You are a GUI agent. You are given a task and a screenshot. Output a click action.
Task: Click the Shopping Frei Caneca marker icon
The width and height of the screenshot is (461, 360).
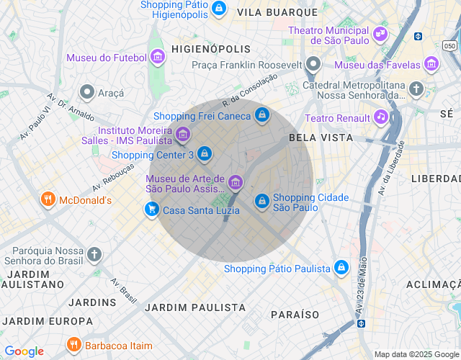tap(262, 115)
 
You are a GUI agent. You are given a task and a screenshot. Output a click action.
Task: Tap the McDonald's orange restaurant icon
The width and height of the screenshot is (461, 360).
tap(48, 199)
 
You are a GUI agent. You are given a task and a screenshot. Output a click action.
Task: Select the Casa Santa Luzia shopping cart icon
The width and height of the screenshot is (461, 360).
tap(151, 210)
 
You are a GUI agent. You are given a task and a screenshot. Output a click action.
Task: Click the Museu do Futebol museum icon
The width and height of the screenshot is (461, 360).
tap(158, 58)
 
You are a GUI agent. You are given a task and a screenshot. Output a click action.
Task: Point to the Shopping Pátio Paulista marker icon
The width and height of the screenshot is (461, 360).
tap(341, 269)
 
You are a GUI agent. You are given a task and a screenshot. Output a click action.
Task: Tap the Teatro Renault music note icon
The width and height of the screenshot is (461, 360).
tap(380, 117)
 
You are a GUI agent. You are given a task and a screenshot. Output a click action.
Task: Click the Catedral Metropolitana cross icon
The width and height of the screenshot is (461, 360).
tap(416, 89)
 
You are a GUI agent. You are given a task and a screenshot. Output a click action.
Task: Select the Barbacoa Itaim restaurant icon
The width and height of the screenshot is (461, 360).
tap(73, 345)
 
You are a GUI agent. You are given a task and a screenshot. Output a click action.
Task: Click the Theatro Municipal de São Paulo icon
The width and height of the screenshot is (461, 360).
tap(380, 33)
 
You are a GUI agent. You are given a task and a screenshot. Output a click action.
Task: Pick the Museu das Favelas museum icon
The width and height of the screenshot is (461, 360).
tap(431, 65)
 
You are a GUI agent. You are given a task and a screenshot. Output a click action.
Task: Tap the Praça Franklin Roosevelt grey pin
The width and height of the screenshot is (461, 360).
tap(313, 65)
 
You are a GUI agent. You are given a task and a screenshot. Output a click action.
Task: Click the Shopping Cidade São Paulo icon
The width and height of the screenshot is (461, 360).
tap(261, 201)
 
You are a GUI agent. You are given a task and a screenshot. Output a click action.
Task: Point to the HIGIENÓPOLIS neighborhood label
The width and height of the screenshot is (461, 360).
tap(211, 49)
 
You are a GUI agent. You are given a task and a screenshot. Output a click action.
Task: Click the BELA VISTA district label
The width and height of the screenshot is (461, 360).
tap(321, 137)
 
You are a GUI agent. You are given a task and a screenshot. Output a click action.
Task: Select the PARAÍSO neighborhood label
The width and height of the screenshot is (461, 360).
tap(295, 315)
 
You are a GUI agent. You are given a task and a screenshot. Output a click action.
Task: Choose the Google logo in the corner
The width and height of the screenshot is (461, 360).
tap(24, 351)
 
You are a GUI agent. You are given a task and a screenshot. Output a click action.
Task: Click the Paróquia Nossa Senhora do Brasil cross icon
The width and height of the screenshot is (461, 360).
tap(94, 254)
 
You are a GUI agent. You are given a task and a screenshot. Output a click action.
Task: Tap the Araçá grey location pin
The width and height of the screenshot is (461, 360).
tap(87, 91)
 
